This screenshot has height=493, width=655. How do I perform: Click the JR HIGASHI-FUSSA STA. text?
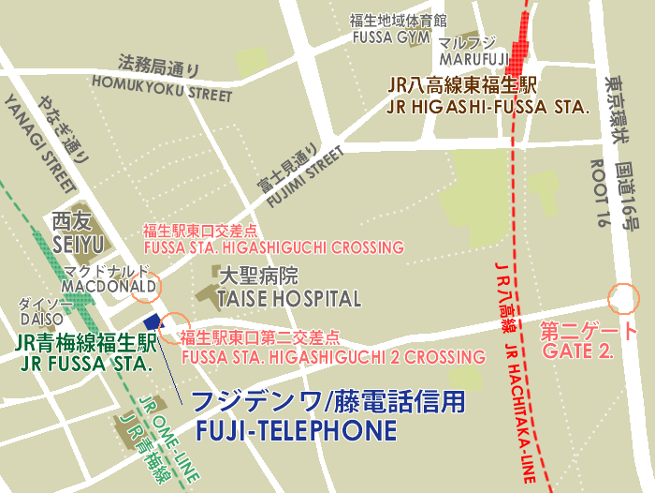pos(488,108)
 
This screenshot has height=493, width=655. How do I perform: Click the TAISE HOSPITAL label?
pos(288,299)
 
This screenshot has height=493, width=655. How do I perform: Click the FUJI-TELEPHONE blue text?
pos(296,431)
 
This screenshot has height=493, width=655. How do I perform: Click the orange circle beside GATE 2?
pos(622,299)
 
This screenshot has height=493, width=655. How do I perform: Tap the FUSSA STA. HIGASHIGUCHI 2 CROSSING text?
pos(333,357)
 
